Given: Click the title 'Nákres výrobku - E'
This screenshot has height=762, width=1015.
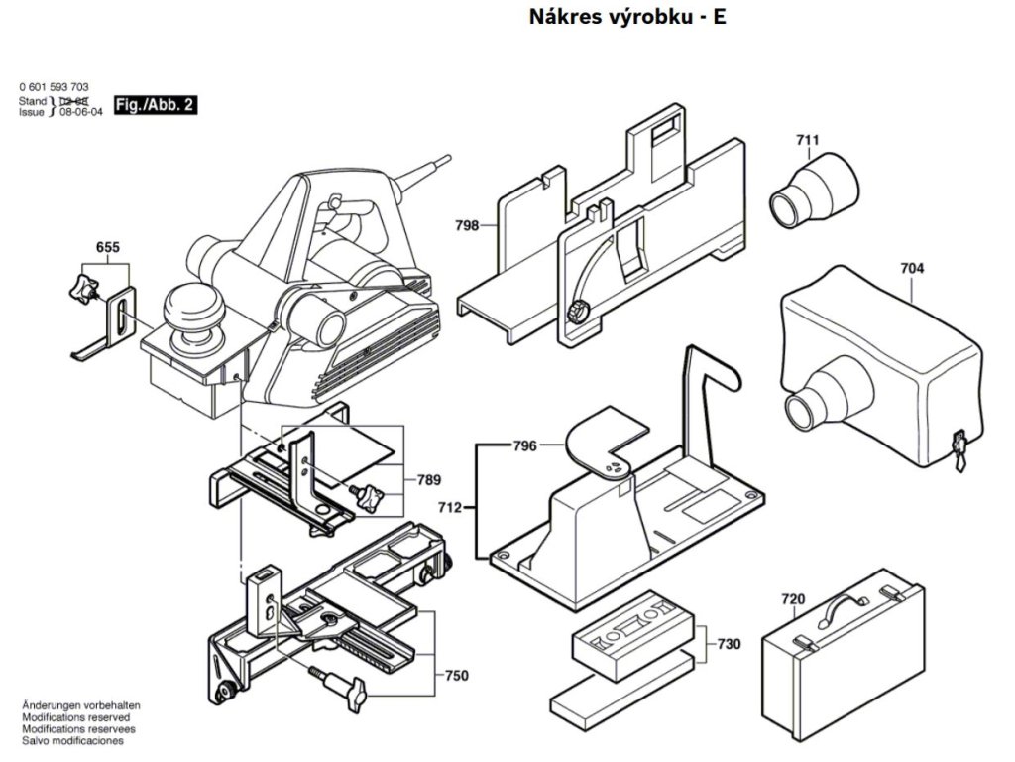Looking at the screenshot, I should [627, 18].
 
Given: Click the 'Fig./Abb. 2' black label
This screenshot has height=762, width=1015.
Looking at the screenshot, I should [155, 104].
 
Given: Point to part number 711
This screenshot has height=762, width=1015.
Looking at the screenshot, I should [807, 140].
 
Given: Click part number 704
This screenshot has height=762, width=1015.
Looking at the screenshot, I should [912, 267].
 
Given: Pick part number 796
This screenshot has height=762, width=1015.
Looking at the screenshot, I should [525, 446].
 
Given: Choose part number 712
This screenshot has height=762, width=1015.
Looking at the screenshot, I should [450, 507].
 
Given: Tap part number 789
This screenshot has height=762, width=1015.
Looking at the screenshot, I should [428, 481].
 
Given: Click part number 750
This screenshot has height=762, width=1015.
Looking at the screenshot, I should [456, 676].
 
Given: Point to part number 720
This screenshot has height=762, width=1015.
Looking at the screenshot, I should [793, 599].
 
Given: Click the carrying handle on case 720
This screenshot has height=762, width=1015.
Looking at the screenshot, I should [843, 602].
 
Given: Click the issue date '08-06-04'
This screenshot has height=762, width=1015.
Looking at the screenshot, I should [81, 113].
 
